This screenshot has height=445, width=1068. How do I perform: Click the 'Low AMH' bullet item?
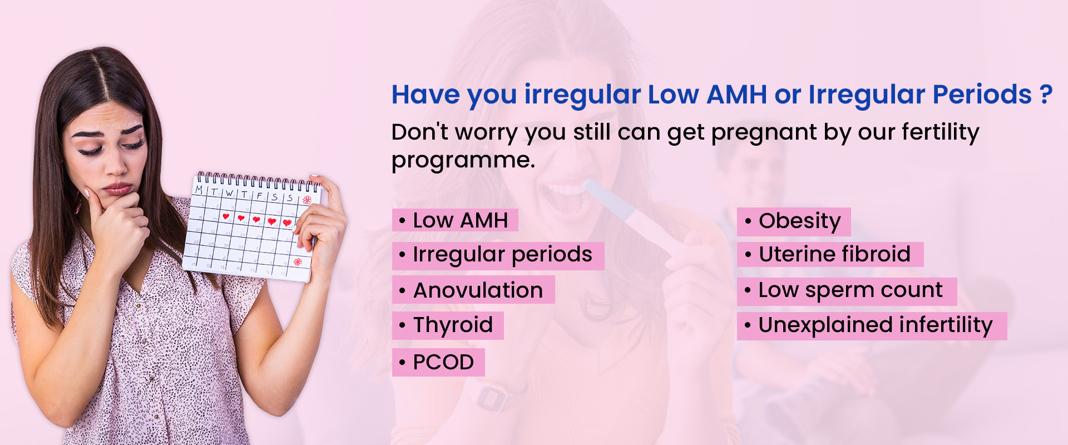click(x=455, y=220)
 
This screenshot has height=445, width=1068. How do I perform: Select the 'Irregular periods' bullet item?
click(x=498, y=255)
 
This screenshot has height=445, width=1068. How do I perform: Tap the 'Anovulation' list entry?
click(x=473, y=290)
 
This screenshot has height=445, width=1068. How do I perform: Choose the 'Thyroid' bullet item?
click(x=448, y=325)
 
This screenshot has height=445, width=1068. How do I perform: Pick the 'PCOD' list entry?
click(x=438, y=362)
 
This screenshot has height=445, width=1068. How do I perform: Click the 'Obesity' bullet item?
click(x=794, y=221)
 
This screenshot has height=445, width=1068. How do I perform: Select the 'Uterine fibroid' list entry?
click(x=830, y=254)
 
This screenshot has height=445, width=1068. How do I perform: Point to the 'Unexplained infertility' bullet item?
click(x=872, y=326)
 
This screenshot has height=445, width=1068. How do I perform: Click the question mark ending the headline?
click(x=1046, y=94)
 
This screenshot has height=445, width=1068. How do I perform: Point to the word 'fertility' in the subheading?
click(x=940, y=133)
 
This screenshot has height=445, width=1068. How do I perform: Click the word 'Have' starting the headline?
click(x=426, y=94)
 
